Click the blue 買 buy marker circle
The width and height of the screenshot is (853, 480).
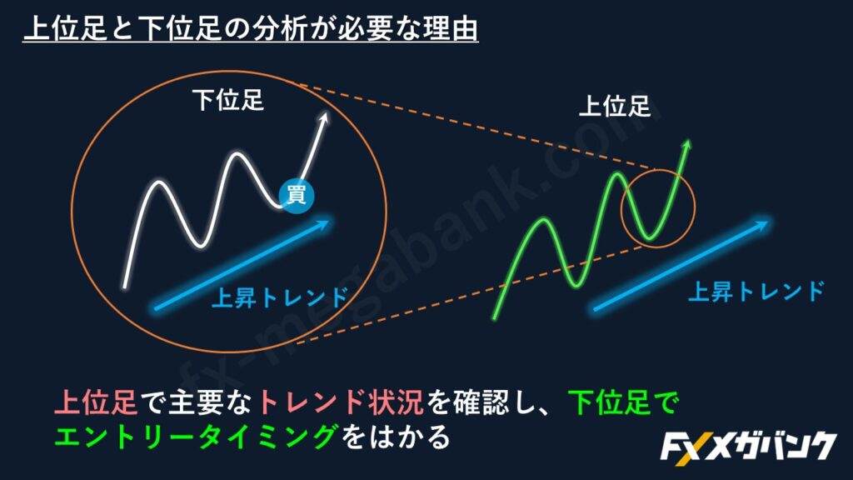point(297,195)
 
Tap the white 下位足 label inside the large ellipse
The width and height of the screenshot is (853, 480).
point(228,101)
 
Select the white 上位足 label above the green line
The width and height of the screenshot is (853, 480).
point(615,106)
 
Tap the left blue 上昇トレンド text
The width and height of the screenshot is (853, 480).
point(279,297)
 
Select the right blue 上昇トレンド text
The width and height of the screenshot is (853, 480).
point(756,292)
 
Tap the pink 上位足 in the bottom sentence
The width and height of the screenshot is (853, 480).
point(96,403)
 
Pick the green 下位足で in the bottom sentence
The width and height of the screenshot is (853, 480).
point(623,403)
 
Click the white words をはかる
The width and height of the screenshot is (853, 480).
point(395,437)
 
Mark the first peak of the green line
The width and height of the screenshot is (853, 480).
point(543,220)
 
